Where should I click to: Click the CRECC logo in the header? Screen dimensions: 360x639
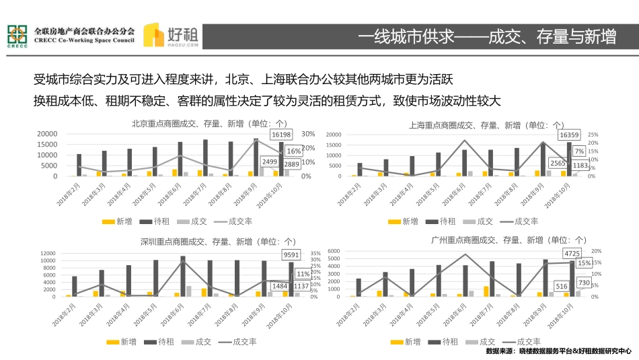(17, 37)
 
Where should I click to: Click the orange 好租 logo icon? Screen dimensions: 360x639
(155, 36)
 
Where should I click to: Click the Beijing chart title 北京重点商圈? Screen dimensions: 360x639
(209, 124)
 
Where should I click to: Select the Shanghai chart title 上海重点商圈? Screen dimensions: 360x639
(487, 124)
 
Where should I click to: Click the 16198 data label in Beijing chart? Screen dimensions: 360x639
(282, 135)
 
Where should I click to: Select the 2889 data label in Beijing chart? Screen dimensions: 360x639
(292, 164)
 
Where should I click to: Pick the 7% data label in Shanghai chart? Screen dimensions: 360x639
(578, 151)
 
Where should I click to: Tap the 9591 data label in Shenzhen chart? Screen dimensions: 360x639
(291, 255)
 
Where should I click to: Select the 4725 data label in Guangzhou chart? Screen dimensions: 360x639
(572, 253)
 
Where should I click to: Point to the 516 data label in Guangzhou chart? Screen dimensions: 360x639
(562, 286)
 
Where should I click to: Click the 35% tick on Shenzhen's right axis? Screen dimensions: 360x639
(314, 254)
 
